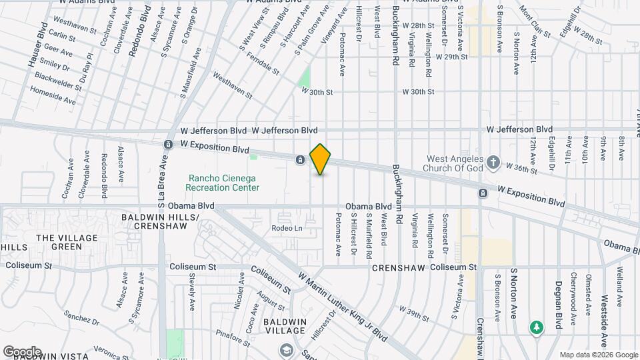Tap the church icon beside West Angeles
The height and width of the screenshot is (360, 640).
(493, 162)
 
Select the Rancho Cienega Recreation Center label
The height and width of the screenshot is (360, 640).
(223, 183)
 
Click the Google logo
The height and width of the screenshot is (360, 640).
(22, 351)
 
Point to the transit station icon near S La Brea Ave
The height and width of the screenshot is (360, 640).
(168, 144)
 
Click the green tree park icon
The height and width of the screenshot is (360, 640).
(536, 327)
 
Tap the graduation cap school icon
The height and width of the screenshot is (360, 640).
(286, 350)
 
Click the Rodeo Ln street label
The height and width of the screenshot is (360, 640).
(287, 228)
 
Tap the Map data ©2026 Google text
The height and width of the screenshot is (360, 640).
(598, 355)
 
